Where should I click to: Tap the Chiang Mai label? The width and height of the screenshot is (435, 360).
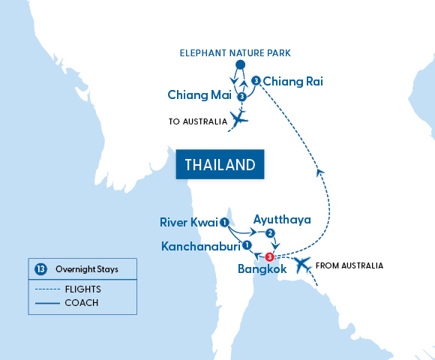click(199, 96)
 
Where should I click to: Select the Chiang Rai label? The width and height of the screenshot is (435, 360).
click(293, 81)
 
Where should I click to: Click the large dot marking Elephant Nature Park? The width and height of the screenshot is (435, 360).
click(240, 66)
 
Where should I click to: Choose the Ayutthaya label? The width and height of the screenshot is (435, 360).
click(282, 220)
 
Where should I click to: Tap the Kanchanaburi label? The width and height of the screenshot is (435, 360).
click(198, 246)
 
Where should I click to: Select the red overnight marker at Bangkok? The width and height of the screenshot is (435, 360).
click(269, 256)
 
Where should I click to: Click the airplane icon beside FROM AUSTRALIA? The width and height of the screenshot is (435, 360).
click(301, 264)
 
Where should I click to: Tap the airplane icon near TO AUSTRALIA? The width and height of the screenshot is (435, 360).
click(239, 118)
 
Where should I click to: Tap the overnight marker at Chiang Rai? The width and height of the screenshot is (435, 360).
click(256, 81)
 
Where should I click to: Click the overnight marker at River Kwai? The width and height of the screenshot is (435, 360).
click(224, 221)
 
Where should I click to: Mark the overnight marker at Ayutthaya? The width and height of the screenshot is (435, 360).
click(271, 233)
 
